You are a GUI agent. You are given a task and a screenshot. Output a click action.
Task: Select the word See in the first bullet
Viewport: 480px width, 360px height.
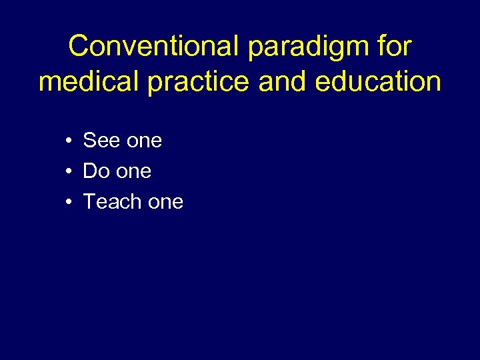(x=101, y=141)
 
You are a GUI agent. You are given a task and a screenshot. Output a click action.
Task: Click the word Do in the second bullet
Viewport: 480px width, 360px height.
(x=96, y=171)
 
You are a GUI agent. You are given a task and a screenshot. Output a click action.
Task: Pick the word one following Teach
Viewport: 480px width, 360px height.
(x=165, y=202)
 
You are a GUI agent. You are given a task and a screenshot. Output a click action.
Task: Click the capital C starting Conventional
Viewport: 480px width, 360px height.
(x=78, y=47)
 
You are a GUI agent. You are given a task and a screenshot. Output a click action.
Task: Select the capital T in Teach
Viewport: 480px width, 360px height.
(x=89, y=201)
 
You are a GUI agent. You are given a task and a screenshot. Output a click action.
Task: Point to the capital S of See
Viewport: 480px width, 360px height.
(x=89, y=141)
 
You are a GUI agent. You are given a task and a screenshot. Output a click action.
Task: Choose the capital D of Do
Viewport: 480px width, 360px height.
(x=90, y=171)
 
